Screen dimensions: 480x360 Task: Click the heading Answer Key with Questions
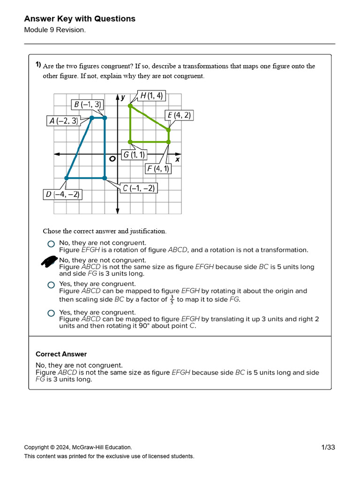(x=80, y=19)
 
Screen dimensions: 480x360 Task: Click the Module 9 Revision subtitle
(x=55, y=30)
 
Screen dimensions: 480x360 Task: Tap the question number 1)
(x=38, y=65)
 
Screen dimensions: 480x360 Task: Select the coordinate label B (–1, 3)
(x=87, y=105)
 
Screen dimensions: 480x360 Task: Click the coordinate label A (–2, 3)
(x=64, y=121)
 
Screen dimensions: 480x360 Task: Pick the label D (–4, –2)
(x=62, y=194)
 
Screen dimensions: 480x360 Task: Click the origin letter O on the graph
(x=112, y=159)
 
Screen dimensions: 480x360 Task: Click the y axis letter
(x=122, y=97)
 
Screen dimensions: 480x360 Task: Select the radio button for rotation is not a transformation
(x=51, y=244)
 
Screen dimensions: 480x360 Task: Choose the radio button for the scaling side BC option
(x=51, y=285)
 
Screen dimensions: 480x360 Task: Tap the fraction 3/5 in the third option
(x=172, y=300)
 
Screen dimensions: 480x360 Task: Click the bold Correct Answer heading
(x=61, y=354)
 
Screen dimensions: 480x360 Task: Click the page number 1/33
(x=328, y=447)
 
